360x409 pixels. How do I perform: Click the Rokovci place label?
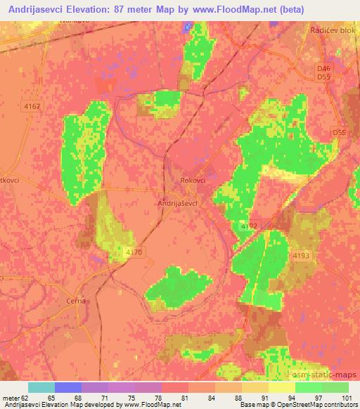tap(193, 180)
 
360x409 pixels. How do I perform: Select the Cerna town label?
tap(77, 300)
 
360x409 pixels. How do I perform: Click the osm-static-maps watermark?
tap(328, 375)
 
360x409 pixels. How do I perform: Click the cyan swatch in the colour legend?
tap(41, 387)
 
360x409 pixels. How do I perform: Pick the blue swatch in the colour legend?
tap(68, 387)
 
